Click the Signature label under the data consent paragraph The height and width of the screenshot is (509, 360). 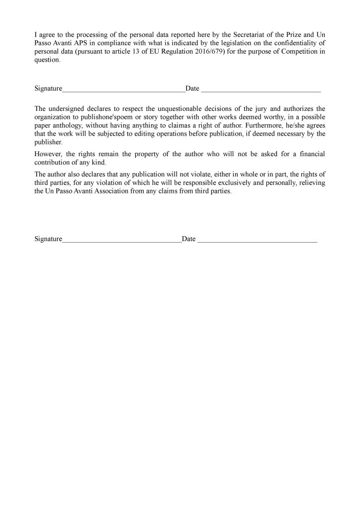(x=48, y=88)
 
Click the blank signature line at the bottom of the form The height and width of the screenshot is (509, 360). (x=122, y=240)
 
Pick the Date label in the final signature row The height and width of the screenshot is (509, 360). (x=188, y=239)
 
